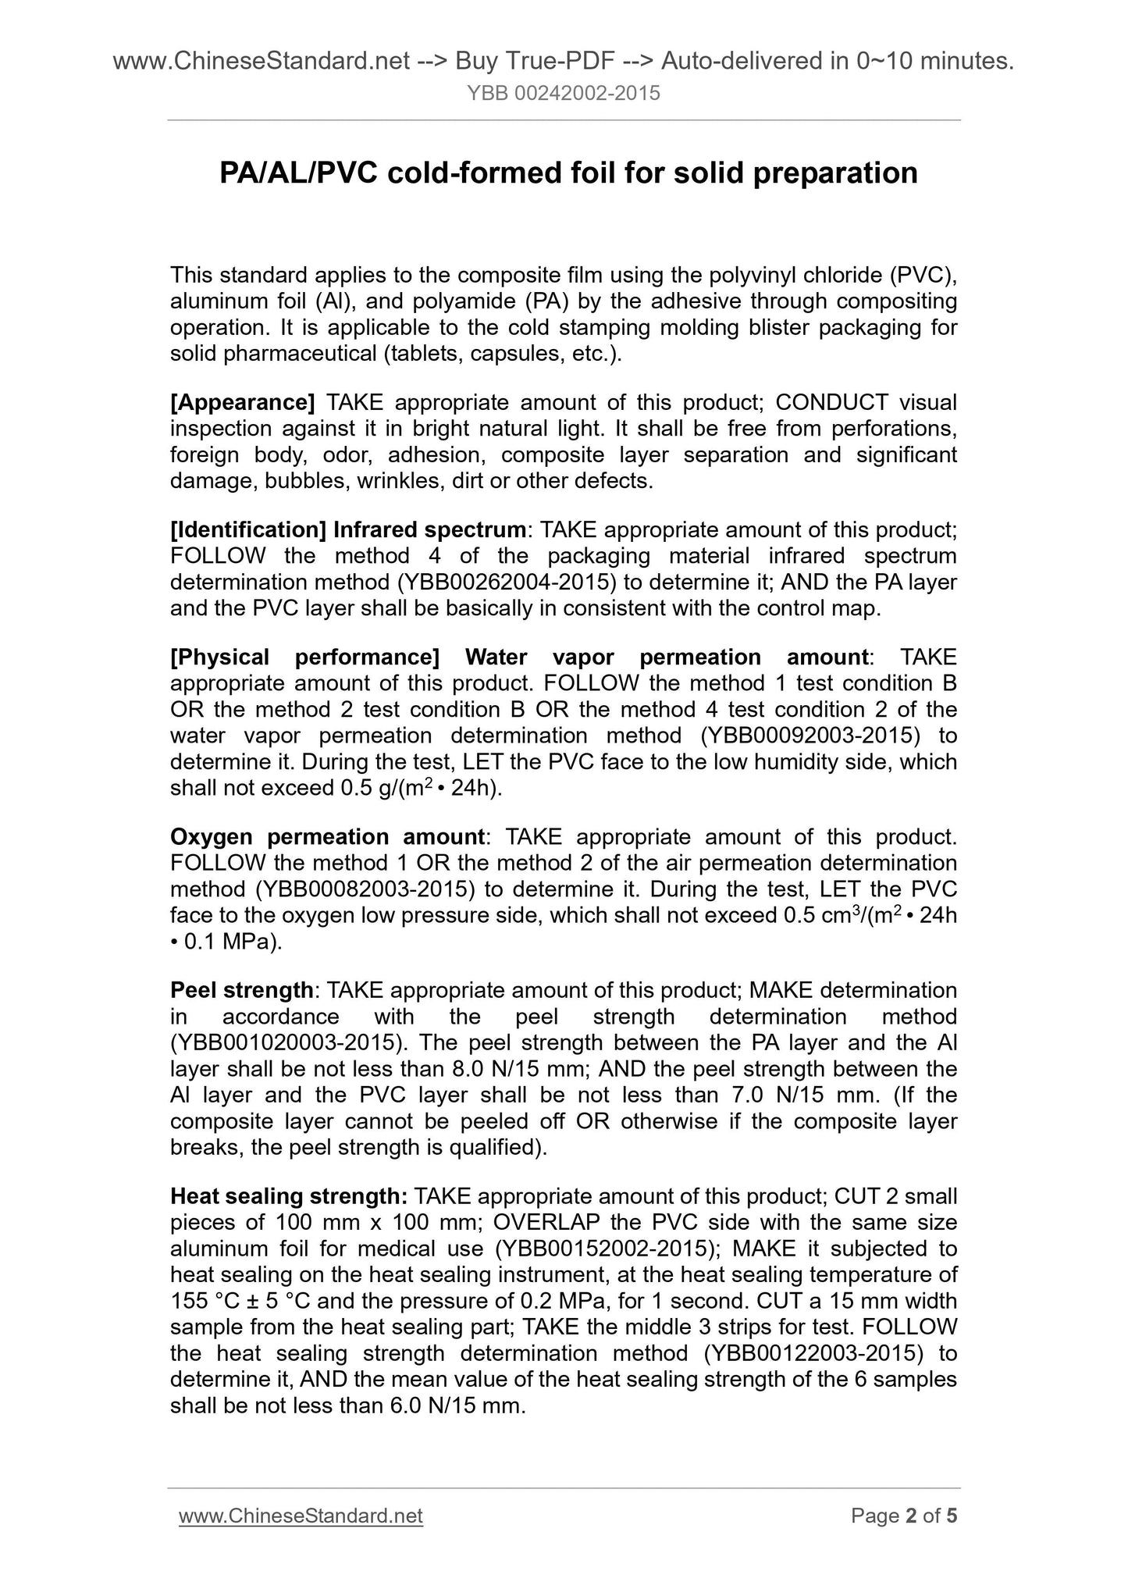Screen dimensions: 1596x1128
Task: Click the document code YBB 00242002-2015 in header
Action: (564, 94)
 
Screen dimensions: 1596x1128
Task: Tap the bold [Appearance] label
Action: (243, 402)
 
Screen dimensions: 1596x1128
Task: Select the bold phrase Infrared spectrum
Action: (429, 529)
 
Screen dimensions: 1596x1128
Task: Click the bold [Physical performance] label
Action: (304, 657)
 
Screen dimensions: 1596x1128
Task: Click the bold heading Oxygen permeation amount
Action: (328, 836)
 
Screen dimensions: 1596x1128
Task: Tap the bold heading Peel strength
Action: (241, 990)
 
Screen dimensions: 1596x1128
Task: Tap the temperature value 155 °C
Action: (206, 1301)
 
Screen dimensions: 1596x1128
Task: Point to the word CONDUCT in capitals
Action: (831, 402)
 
